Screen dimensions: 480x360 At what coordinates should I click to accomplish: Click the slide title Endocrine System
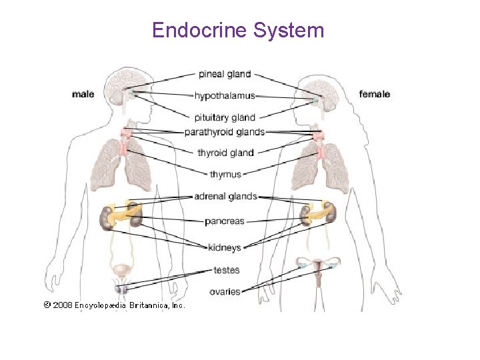[x=238, y=30]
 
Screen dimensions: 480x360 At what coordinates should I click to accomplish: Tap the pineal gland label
[x=224, y=74]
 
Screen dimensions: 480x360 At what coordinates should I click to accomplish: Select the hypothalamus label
[x=225, y=96]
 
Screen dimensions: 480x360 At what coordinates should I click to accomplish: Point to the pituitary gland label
[x=225, y=117]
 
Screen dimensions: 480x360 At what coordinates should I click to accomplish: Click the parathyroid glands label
[x=225, y=132]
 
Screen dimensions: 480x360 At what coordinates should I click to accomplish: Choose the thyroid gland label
[x=225, y=153]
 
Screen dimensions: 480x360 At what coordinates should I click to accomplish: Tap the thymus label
[x=225, y=175]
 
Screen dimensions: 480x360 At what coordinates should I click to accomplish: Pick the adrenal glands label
[x=225, y=197]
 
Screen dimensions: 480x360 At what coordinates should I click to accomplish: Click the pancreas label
[x=225, y=221]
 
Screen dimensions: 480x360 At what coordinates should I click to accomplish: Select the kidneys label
[x=225, y=247]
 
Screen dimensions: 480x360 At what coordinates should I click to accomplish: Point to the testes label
[x=227, y=270]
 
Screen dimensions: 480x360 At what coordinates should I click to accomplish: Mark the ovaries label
[x=225, y=291]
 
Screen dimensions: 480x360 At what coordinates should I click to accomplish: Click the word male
[x=83, y=94]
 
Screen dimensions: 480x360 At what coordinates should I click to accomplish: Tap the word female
[x=375, y=94]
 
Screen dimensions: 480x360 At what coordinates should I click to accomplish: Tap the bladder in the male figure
[x=121, y=271]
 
